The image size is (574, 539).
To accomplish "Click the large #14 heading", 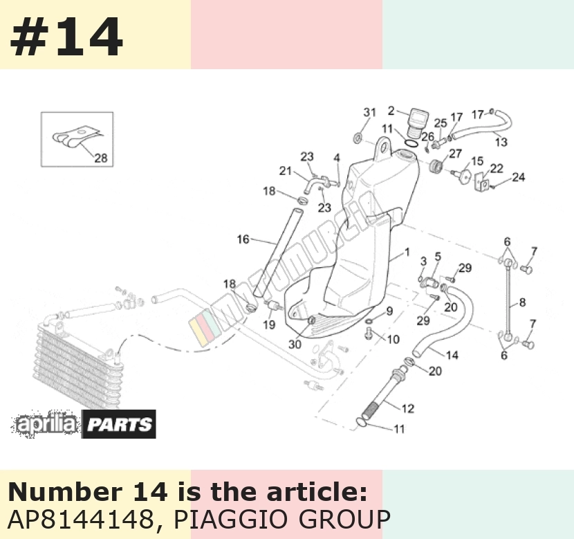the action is tap(66, 37).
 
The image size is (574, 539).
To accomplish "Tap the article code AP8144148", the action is tap(80, 519).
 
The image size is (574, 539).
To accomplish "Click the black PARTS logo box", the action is tap(119, 424).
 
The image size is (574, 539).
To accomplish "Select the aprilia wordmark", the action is tap(46, 424).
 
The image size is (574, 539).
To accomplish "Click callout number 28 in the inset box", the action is tap(101, 158).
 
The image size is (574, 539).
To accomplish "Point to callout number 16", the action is tap(243, 239).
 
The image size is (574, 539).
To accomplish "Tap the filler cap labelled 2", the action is tap(416, 122).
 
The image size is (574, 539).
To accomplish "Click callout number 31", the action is tap(370, 112).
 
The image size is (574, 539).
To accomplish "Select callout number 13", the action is tap(501, 142).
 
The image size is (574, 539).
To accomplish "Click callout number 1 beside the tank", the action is tap(407, 252).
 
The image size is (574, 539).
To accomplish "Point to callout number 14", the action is tap(452, 355).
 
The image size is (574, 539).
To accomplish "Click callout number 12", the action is tap(408, 408).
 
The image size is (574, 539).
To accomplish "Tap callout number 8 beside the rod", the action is tap(522, 302).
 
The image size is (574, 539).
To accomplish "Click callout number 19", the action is tap(269, 325).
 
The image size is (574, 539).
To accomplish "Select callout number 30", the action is tap(295, 344).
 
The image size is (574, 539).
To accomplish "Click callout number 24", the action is tap(519, 177).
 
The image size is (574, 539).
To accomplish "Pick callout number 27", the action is tap(455, 154).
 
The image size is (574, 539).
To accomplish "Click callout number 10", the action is tap(393, 340).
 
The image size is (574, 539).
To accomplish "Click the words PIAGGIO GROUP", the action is tap(281, 519).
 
